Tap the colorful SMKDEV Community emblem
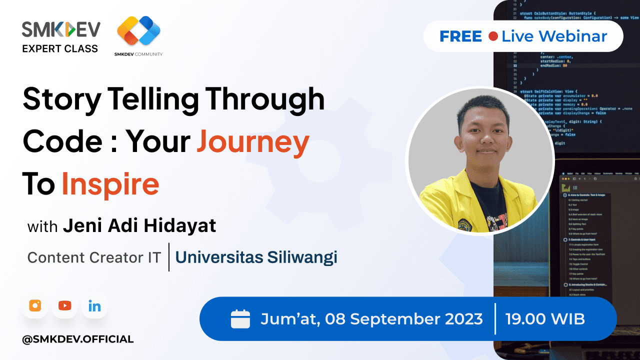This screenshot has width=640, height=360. tap(138, 32)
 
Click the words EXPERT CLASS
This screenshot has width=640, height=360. tap(60, 48)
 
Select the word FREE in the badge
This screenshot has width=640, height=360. tap(460, 36)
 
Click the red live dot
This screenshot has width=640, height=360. tap(493, 36)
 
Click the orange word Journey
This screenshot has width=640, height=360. tap(253, 142)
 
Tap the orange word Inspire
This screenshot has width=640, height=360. tap(110, 184)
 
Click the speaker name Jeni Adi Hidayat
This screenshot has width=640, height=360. tap(139, 226)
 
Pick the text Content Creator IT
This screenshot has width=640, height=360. tap(94, 257)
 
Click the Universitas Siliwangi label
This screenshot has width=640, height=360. tap(256, 257)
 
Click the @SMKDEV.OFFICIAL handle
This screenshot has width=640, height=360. tap(78, 339)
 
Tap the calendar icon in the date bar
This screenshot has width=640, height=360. tap(240, 319)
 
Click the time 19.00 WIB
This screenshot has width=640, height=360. tap(545, 318)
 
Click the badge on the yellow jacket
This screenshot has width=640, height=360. tap(463, 225)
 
